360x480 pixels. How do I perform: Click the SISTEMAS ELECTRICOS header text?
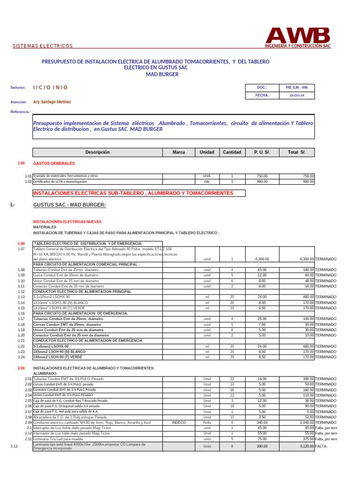point(42,46)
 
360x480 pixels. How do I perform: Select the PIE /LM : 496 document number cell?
point(297,88)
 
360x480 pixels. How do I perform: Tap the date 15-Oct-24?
point(297,95)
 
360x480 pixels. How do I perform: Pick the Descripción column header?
point(97,152)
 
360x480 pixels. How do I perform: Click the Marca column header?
point(179,152)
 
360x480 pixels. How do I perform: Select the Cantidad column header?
point(232,152)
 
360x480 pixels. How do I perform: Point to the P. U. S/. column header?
point(262,152)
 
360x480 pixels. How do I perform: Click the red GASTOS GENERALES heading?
point(54,164)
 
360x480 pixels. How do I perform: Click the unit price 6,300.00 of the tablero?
point(262,259)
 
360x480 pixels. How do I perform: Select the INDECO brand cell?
point(179,422)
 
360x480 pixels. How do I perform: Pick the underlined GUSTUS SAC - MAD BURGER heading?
point(69,205)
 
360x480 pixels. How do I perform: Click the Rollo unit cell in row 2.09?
point(207,422)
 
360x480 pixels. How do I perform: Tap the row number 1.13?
point(21,297)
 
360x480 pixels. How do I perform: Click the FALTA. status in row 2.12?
point(322,447)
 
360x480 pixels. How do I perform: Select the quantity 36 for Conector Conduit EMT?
point(232,390)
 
